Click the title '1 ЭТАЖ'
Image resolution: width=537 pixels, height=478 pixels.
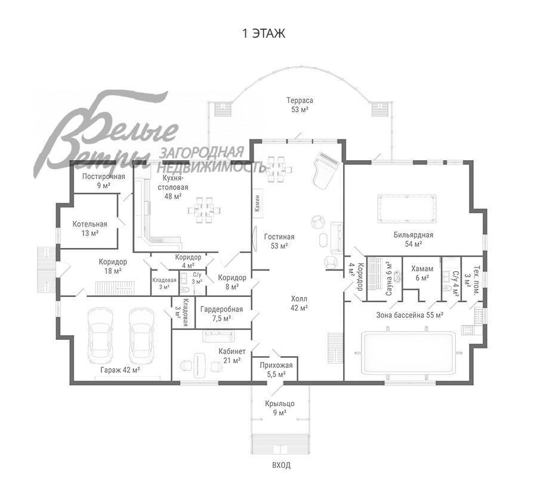(x=263, y=33)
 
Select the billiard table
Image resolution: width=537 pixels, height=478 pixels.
(x=407, y=209)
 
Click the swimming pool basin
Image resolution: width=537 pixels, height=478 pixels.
(x=409, y=353)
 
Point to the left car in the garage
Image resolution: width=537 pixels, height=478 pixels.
(x=100, y=335)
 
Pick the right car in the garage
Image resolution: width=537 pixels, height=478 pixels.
(x=141, y=335)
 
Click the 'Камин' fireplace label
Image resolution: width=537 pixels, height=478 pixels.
(x=258, y=203)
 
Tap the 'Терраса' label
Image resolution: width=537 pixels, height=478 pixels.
(x=300, y=100)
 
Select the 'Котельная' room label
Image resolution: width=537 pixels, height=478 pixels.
(x=89, y=224)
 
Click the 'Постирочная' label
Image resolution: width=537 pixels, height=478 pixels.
(x=103, y=177)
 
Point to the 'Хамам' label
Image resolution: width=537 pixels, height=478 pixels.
(x=422, y=268)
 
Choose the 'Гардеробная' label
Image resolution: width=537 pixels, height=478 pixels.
(x=221, y=310)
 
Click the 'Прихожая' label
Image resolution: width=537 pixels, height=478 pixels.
(x=276, y=366)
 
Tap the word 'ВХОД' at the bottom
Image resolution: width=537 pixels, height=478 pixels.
(x=281, y=465)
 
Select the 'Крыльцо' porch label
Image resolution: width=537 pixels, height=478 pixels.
(x=280, y=404)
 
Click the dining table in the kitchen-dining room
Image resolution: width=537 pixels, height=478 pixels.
(x=204, y=210)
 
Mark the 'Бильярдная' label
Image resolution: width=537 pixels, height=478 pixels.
(x=413, y=235)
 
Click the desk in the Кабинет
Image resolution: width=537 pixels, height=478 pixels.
(x=199, y=365)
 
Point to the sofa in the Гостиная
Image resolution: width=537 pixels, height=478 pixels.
(x=337, y=238)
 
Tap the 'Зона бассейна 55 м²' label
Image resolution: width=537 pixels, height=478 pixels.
(x=409, y=315)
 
